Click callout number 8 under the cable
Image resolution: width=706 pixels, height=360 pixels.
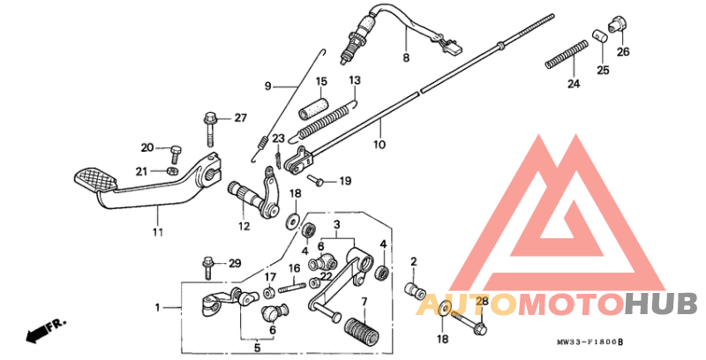click(406, 58)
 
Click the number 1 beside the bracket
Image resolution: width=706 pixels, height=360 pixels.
click(158, 308)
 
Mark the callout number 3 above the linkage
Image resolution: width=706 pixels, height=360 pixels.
click(335, 227)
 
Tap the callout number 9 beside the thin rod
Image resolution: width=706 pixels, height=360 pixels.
click(269, 86)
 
